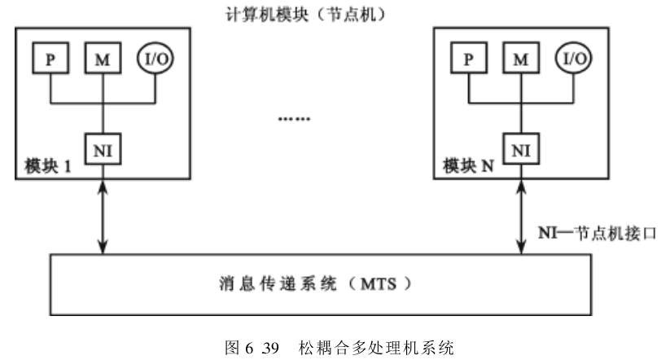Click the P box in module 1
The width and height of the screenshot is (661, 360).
50,59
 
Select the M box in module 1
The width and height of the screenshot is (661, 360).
101,59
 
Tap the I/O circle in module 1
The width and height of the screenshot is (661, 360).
155,59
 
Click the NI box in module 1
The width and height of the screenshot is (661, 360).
102,148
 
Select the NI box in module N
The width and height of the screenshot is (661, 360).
520,148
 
